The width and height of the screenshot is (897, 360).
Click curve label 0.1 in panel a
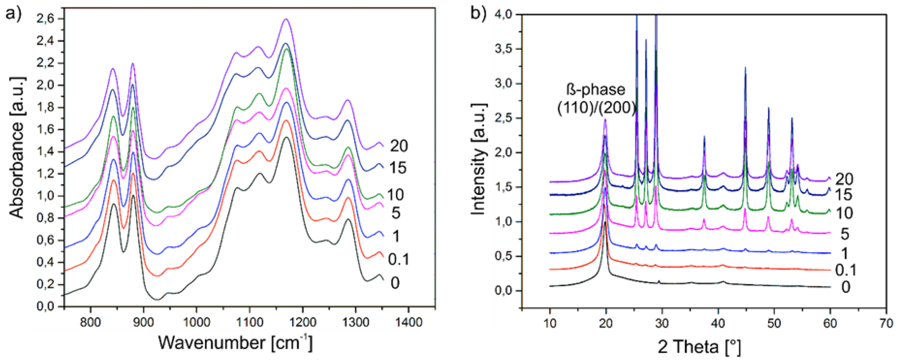(x=399, y=259)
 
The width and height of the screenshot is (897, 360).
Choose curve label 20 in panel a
(x=399, y=146)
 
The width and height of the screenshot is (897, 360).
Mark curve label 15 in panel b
(x=843, y=194)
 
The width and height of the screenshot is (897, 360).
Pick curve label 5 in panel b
(x=845, y=234)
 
